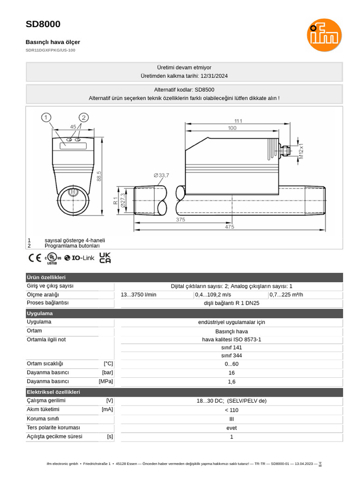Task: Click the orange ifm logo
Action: pyautogui.click(x=324, y=35)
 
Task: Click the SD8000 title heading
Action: pyautogui.click(x=43, y=24)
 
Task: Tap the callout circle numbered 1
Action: pyautogui.click(x=46, y=117)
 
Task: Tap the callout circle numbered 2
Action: pyautogui.click(x=83, y=117)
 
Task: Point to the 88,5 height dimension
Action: pyautogui.click(x=99, y=176)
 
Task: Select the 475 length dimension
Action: pyautogui.click(x=229, y=227)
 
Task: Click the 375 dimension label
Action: pyautogui.click(x=180, y=219)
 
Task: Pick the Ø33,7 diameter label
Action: pyautogui.click(x=161, y=175)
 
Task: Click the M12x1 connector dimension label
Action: pyautogui.click(x=301, y=151)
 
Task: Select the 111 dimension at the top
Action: pyautogui.click(x=238, y=121)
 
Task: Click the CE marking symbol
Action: pyautogui.click(x=35, y=258)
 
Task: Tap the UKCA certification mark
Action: pyautogui.click(x=105, y=258)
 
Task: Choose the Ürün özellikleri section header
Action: pyautogui.click(x=46, y=277)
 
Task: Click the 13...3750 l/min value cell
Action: pyautogui.click(x=139, y=295)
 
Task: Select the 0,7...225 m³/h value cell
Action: pyautogui.click(x=286, y=295)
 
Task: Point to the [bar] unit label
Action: pyautogui.click(x=107, y=373)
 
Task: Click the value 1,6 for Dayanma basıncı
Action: pyautogui.click(x=232, y=382)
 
